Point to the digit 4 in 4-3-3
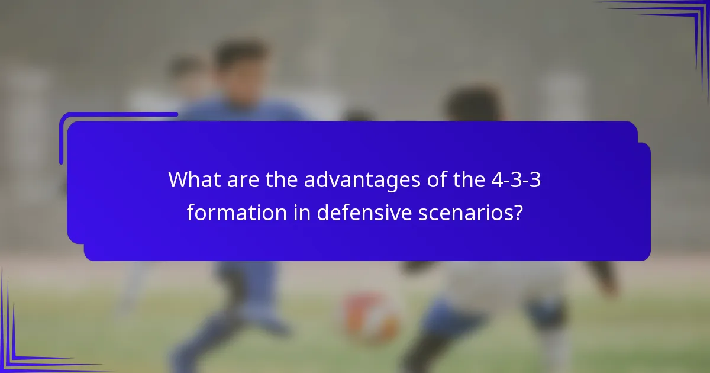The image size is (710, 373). click(493, 179)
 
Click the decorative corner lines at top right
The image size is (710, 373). click(680, 24)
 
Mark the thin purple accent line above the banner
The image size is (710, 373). click(118, 114)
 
